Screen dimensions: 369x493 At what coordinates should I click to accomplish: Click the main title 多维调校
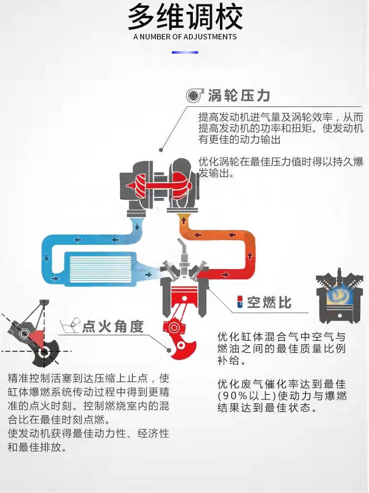[x=185, y=17]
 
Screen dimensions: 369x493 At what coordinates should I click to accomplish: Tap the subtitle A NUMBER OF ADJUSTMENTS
[x=185, y=37]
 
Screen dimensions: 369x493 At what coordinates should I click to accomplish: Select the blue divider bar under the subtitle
[x=185, y=52]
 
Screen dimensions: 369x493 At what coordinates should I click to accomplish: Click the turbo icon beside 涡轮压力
[x=195, y=95]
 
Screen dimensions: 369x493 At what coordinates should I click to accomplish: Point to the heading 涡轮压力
[x=239, y=96]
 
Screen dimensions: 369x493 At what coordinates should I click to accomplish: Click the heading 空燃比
[x=269, y=302]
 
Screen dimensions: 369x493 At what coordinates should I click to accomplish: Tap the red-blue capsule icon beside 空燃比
[x=240, y=302]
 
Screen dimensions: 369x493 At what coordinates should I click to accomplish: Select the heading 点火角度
[x=113, y=327]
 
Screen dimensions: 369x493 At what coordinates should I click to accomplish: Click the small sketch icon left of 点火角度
[x=70, y=326]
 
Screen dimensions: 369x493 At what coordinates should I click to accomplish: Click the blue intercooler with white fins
[x=100, y=269]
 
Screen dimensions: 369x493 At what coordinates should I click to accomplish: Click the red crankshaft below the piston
[x=179, y=338]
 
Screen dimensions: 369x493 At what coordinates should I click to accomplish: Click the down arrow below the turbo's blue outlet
[x=137, y=227]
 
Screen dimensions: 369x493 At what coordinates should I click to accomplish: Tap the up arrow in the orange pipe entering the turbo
[x=184, y=221]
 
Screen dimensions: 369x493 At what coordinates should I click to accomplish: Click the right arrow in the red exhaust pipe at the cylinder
[x=225, y=275]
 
